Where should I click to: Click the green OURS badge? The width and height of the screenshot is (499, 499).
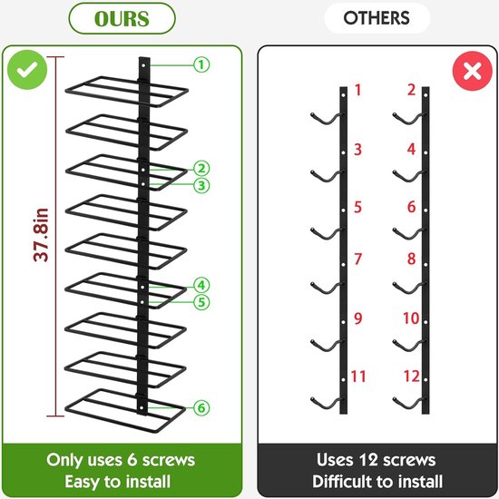coord(122,18)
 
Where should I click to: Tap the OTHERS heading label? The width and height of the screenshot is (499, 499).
coord(377,18)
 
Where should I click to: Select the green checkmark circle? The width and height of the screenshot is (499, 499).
coord(27,70)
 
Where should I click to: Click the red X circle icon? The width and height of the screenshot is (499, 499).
coord(473,71)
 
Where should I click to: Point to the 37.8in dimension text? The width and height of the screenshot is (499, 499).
coord(42,235)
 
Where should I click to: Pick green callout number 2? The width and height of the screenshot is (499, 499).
coord(201,169)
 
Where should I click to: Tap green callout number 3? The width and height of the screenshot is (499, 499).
coord(201,185)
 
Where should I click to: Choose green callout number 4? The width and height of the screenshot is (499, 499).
coord(201,285)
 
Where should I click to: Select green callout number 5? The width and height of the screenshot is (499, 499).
coord(201,302)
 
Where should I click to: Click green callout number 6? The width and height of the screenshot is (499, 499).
coord(201,408)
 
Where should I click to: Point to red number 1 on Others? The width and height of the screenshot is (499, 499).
coord(358,90)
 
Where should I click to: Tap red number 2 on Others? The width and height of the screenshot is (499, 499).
coord(412,90)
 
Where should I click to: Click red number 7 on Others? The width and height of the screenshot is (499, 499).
coord(358,259)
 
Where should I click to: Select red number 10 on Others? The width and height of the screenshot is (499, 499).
coord(411,318)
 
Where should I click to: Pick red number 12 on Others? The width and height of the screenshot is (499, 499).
coord(412,377)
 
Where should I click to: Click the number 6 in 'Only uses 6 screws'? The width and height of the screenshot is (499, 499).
coord(132,460)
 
